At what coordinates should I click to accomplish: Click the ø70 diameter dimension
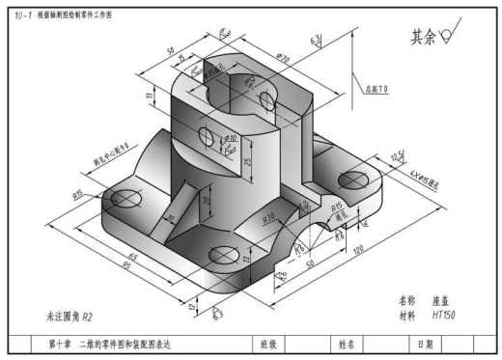(x=283, y=58)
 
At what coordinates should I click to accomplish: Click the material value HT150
(x=443, y=315)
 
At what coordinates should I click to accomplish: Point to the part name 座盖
(x=442, y=300)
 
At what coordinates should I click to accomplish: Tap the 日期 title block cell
(x=425, y=343)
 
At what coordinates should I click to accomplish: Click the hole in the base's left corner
(x=125, y=200)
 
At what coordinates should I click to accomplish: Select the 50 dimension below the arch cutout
(x=311, y=263)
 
